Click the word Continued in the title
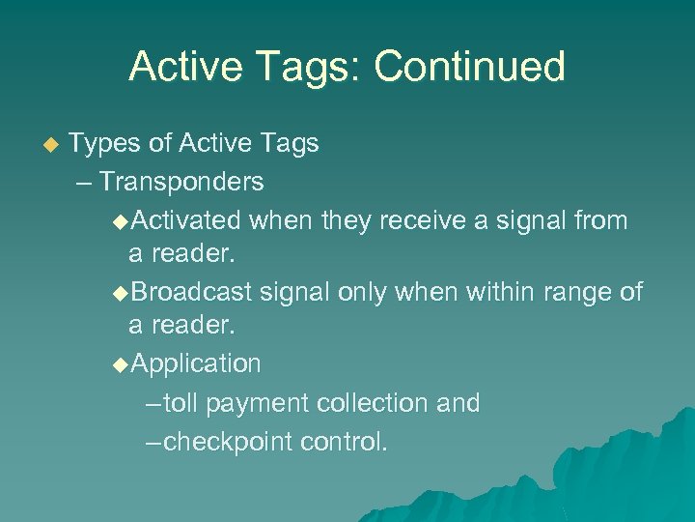(469, 67)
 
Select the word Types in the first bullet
(103, 144)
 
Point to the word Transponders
(181, 182)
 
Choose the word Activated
(184, 220)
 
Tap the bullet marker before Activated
(120, 221)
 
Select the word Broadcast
(190, 292)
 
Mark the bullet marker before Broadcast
(120, 293)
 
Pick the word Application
(195, 364)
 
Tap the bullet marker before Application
(120, 364)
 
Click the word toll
(181, 403)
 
